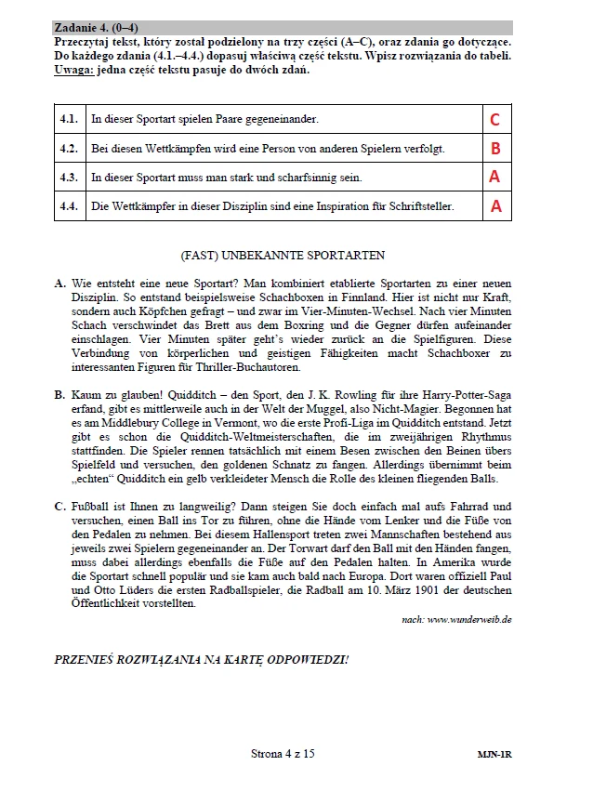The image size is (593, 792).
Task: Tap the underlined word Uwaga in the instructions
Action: coord(75,70)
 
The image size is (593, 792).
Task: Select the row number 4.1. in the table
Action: coord(68,119)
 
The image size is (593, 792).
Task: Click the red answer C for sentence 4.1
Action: coord(494,119)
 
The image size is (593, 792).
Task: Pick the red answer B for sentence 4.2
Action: coord(494,148)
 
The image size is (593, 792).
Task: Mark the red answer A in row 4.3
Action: coord(494,177)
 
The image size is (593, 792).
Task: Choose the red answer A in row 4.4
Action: coord(494,205)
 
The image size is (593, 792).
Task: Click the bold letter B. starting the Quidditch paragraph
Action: coord(60,395)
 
